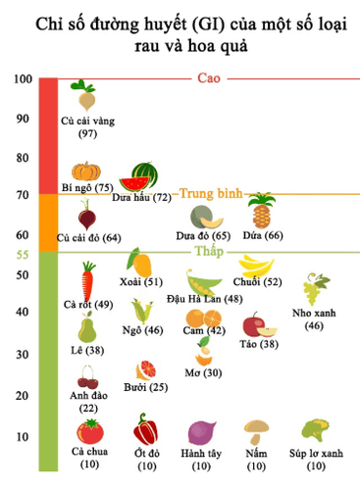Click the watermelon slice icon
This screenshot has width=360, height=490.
(x=144, y=176)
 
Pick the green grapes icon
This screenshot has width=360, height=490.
(x=314, y=289)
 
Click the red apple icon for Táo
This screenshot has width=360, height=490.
(x=254, y=324)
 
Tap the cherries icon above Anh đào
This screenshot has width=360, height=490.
(x=87, y=376)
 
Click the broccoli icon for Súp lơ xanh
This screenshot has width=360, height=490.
(x=315, y=430)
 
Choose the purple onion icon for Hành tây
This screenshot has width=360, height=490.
(x=202, y=431)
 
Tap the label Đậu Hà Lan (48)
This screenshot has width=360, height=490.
(x=205, y=298)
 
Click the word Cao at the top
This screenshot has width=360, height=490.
(x=209, y=77)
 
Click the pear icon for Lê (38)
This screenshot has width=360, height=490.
(x=87, y=328)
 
